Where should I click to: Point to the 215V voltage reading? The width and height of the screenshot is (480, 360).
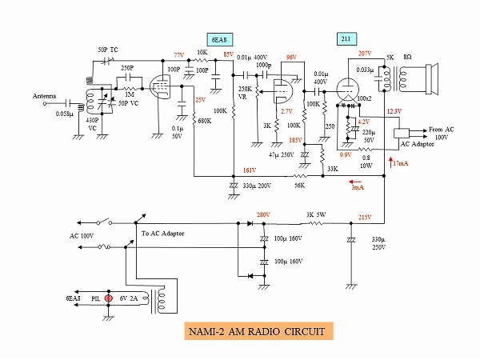coord(365,218)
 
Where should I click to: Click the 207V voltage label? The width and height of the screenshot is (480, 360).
coord(365,54)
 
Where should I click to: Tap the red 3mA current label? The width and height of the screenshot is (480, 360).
coord(358,188)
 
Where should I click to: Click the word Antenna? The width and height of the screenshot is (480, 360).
coord(44,97)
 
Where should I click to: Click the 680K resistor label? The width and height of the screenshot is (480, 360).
coord(205,121)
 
